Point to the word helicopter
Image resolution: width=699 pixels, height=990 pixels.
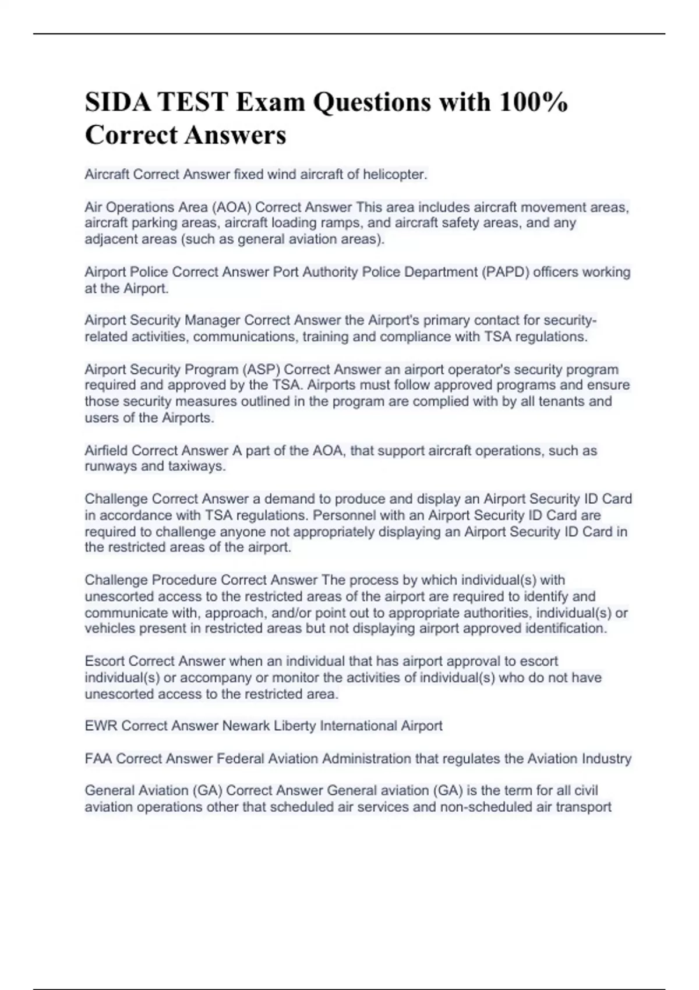point(395,175)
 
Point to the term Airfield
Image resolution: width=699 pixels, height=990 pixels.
point(106,451)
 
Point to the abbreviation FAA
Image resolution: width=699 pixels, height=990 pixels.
point(98,759)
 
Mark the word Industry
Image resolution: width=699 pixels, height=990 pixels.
point(608,759)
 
